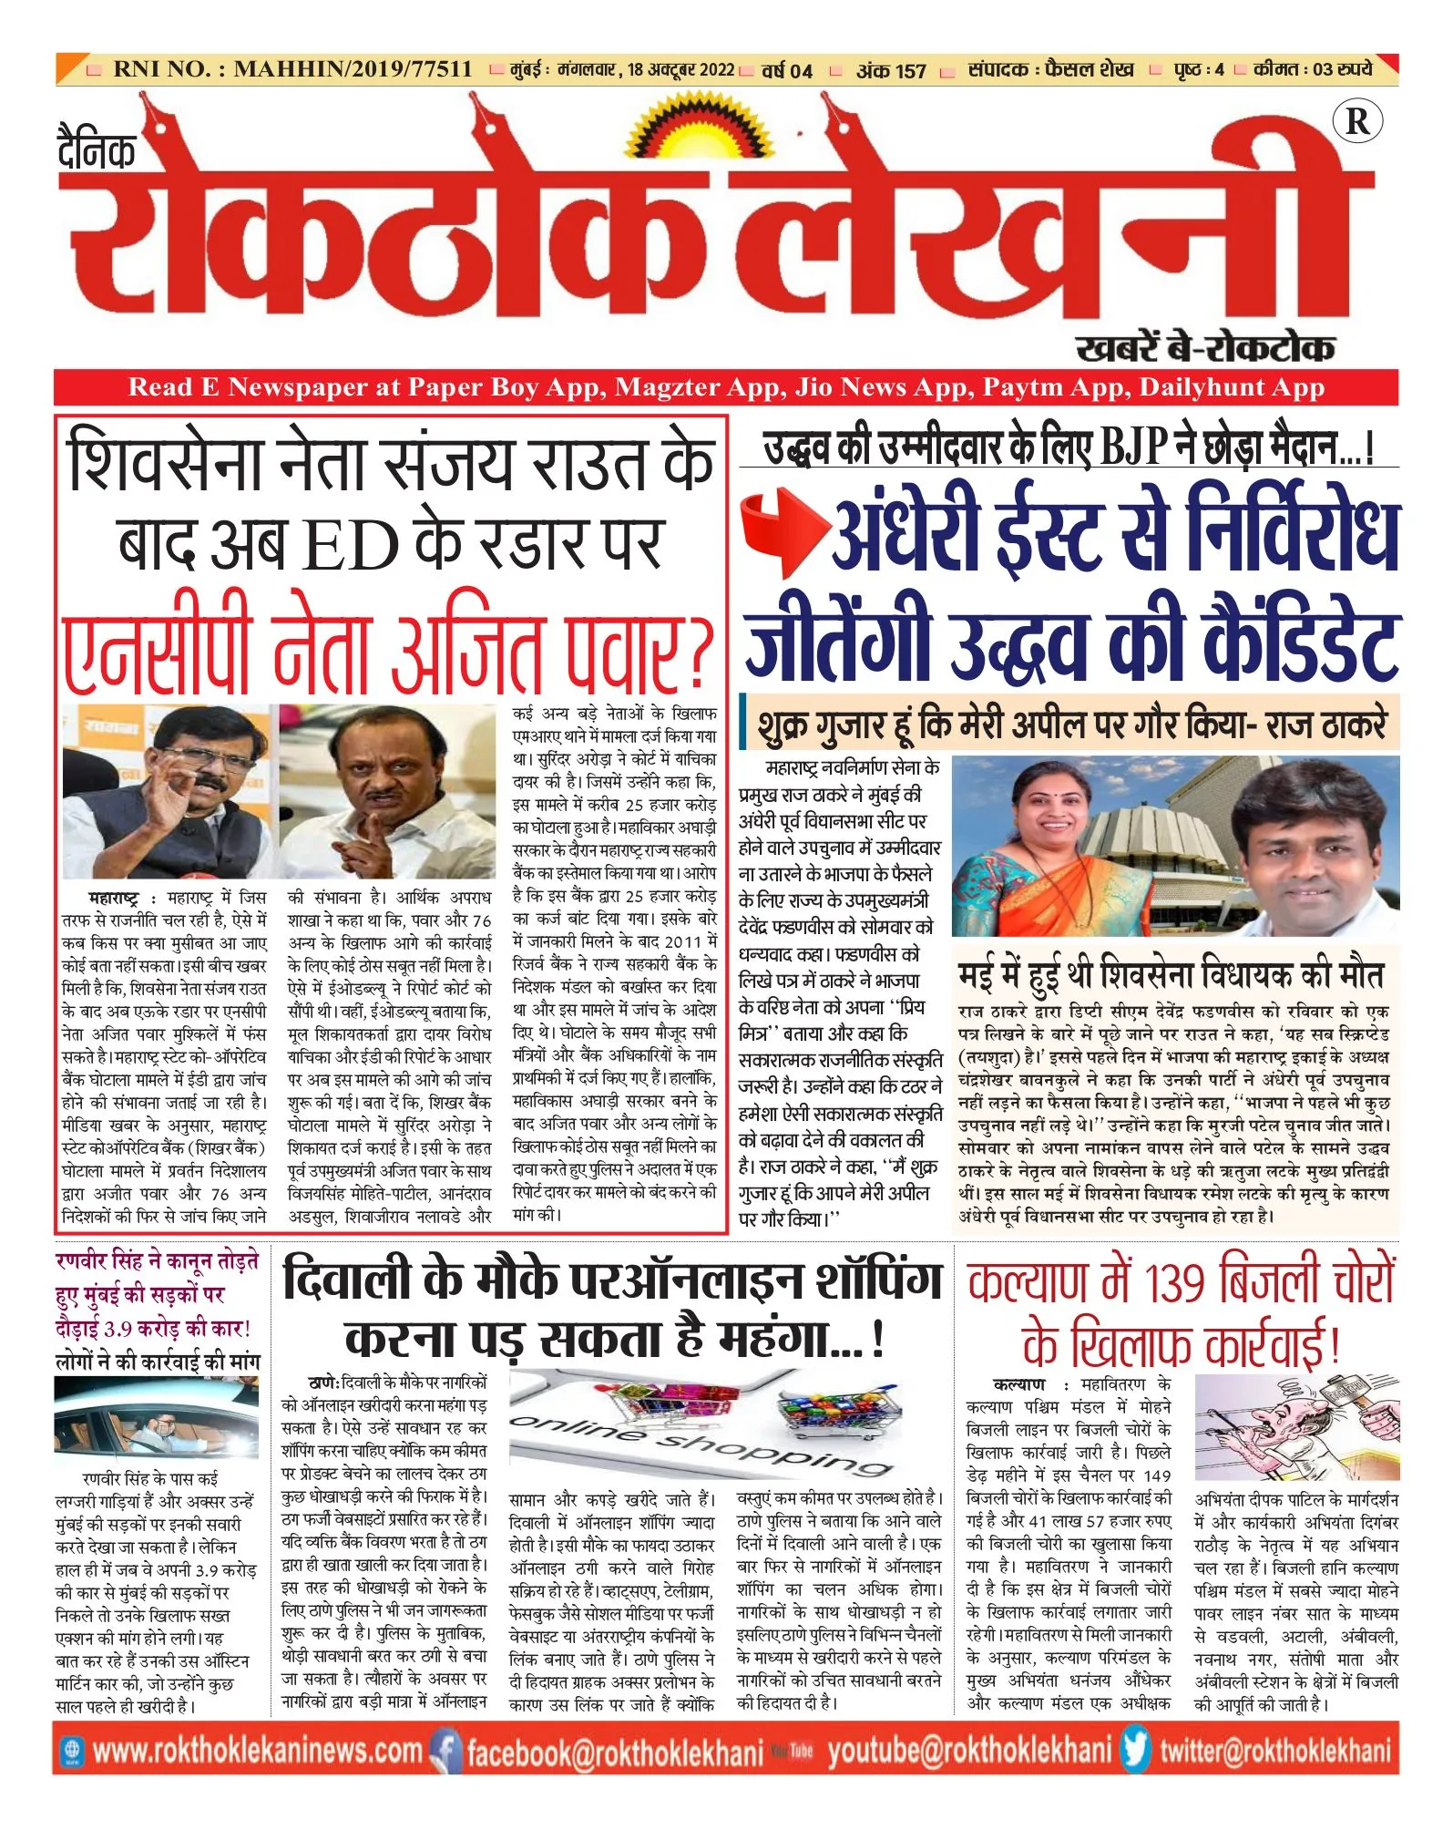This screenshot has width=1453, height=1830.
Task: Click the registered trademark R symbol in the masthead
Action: [x=1356, y=122]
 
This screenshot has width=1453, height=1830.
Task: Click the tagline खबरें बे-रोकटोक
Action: [x=1205, y=348]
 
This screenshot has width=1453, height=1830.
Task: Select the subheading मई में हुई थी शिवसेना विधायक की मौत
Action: [x=1171, y=974]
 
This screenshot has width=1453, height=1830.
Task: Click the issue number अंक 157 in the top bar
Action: [x=890, y=70]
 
